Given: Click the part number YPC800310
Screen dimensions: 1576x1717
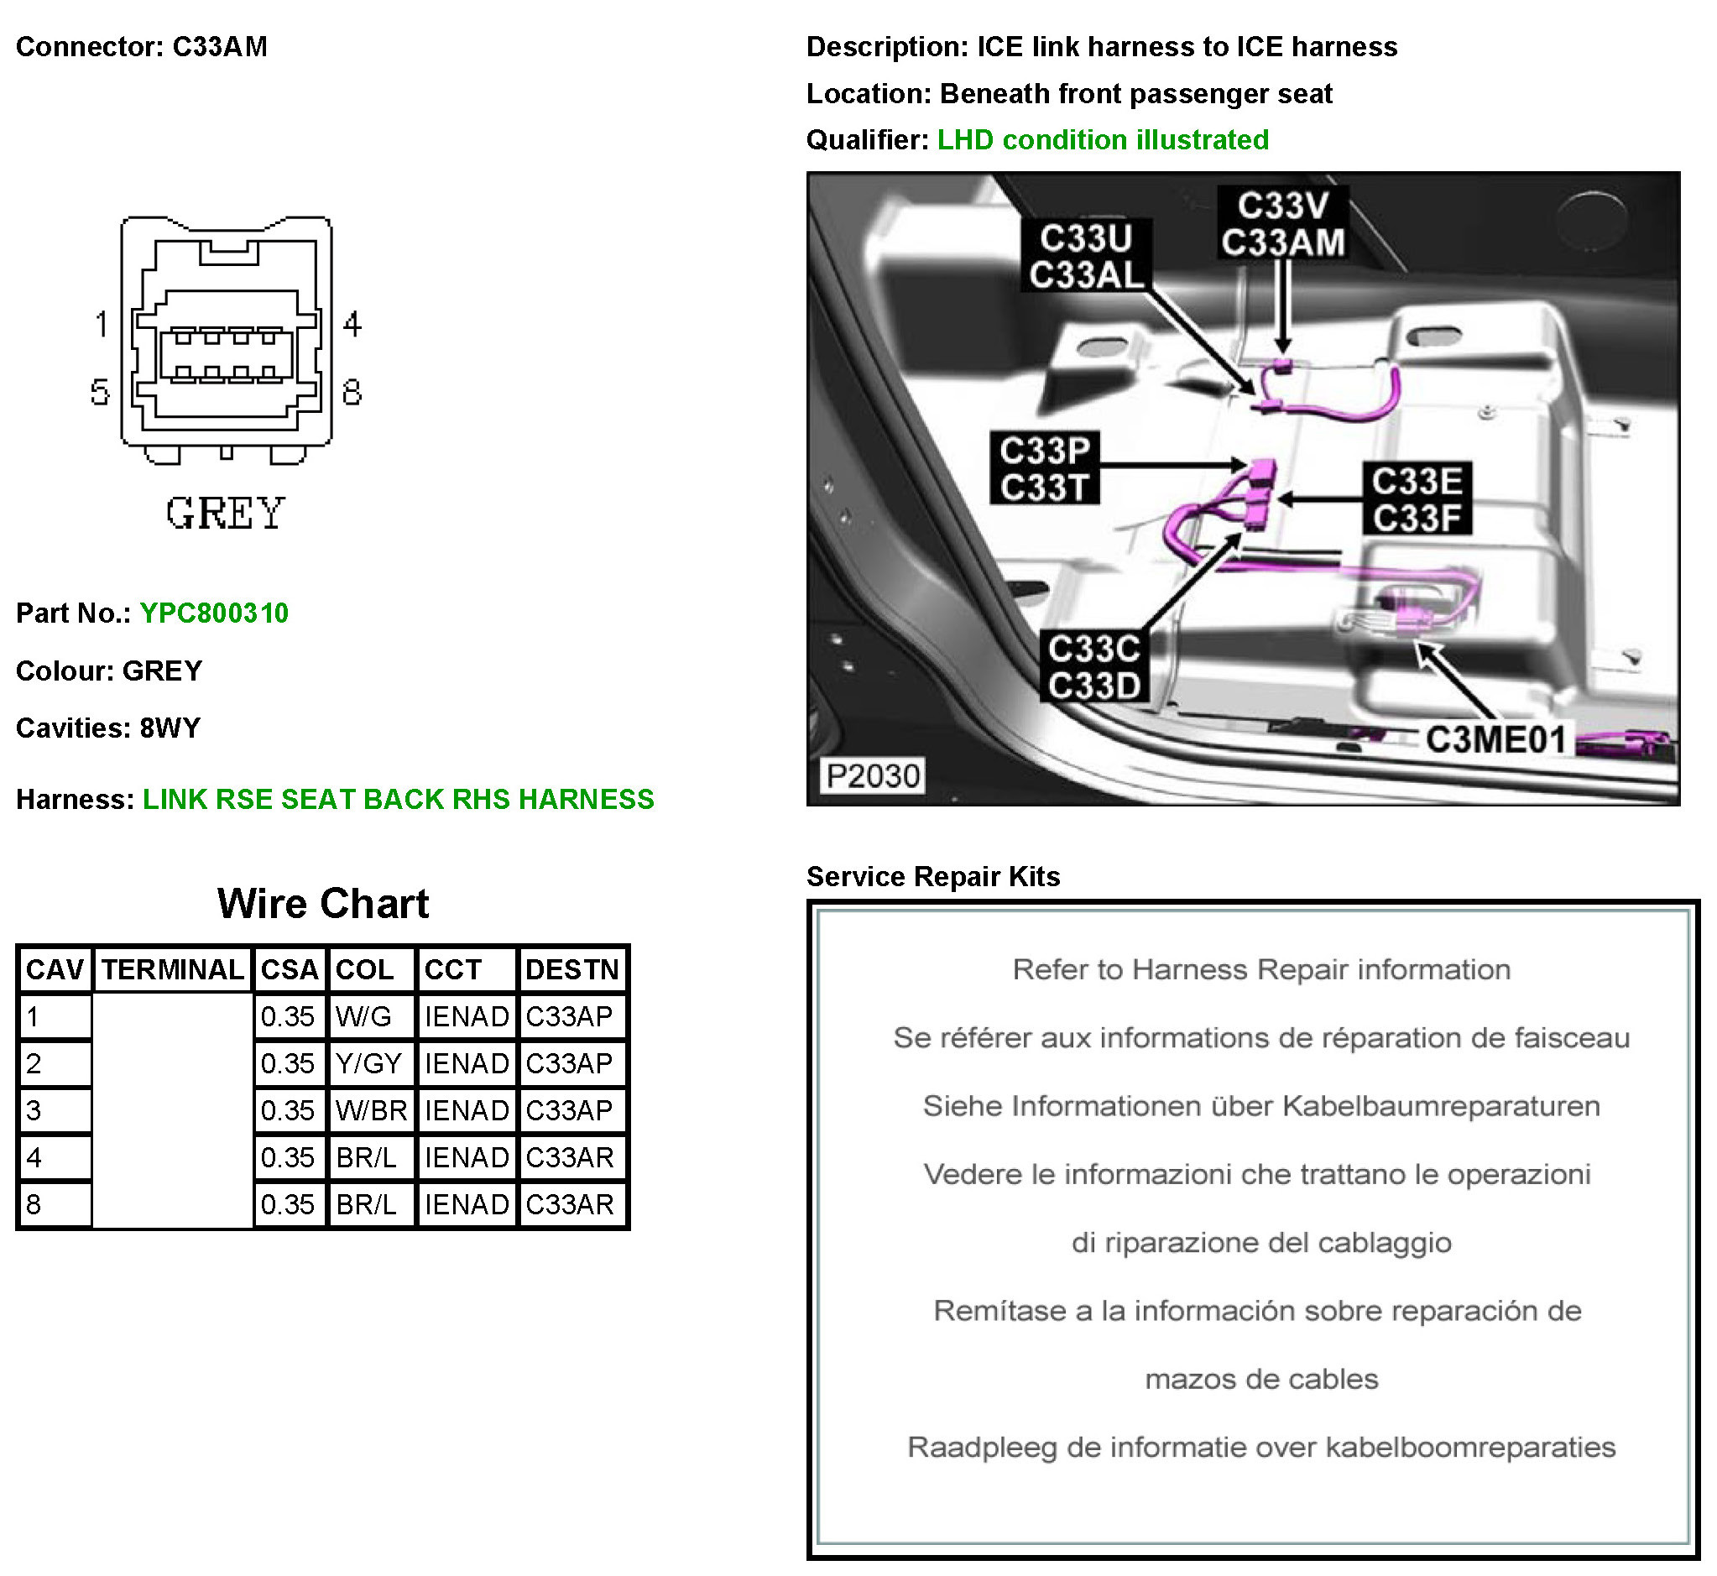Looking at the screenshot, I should click(213, 613).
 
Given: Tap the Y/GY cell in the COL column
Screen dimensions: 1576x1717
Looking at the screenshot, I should click(368, 1063).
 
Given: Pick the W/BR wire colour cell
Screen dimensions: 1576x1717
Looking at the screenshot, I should click(371, 1110).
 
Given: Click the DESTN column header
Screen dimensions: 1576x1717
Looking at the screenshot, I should click(571, 969).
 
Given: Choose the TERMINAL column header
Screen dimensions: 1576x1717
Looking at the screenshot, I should click(173, 969).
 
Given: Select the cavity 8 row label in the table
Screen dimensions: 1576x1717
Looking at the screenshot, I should click(53, 1204).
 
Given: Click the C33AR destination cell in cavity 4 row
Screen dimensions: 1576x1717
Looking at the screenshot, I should click(570, 1157).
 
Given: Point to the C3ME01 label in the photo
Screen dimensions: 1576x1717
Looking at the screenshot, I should click(1495, 738).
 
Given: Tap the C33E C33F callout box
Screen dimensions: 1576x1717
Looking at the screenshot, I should click(1417, 498).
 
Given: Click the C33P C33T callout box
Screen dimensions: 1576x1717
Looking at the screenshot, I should click(1045, 468).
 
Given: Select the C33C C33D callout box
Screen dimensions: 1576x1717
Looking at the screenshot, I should click(1094, 667).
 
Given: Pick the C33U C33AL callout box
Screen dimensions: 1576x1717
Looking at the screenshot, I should click(1086, 256).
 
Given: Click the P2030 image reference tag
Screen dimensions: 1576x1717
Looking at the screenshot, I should click(873, 775).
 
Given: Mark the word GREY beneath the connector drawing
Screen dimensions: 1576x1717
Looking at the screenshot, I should click(224, 514).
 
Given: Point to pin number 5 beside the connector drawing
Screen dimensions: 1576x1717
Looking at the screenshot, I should click(100, 392).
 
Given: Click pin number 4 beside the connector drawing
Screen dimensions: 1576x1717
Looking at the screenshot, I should click(352, 324).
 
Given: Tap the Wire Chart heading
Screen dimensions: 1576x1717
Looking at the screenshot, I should click(323, 903).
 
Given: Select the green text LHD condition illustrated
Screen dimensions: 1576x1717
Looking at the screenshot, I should click(1103, 140).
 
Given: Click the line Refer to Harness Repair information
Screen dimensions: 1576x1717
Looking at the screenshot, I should click(1261, 969).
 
